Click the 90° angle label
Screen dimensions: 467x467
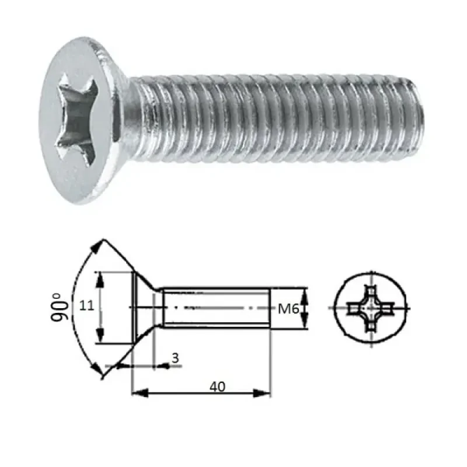[x=60, y=307]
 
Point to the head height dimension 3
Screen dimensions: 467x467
[x=175, y=358]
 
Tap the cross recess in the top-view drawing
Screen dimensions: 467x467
[x=371, y=308]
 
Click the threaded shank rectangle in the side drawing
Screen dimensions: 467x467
[x=216, y=307]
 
